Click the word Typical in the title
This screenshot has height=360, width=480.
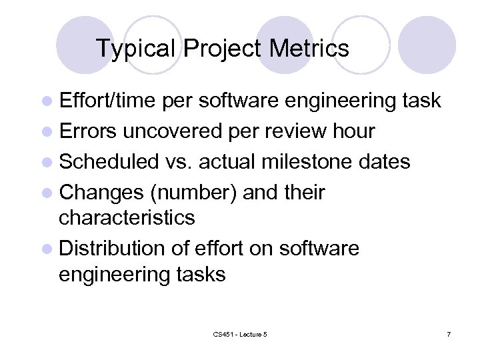137,49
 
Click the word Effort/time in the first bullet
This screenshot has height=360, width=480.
108,101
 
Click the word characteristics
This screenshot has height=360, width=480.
127,217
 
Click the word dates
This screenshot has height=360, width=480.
387,162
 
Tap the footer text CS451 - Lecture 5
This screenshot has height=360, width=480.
240,333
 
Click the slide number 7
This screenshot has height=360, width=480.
448,333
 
